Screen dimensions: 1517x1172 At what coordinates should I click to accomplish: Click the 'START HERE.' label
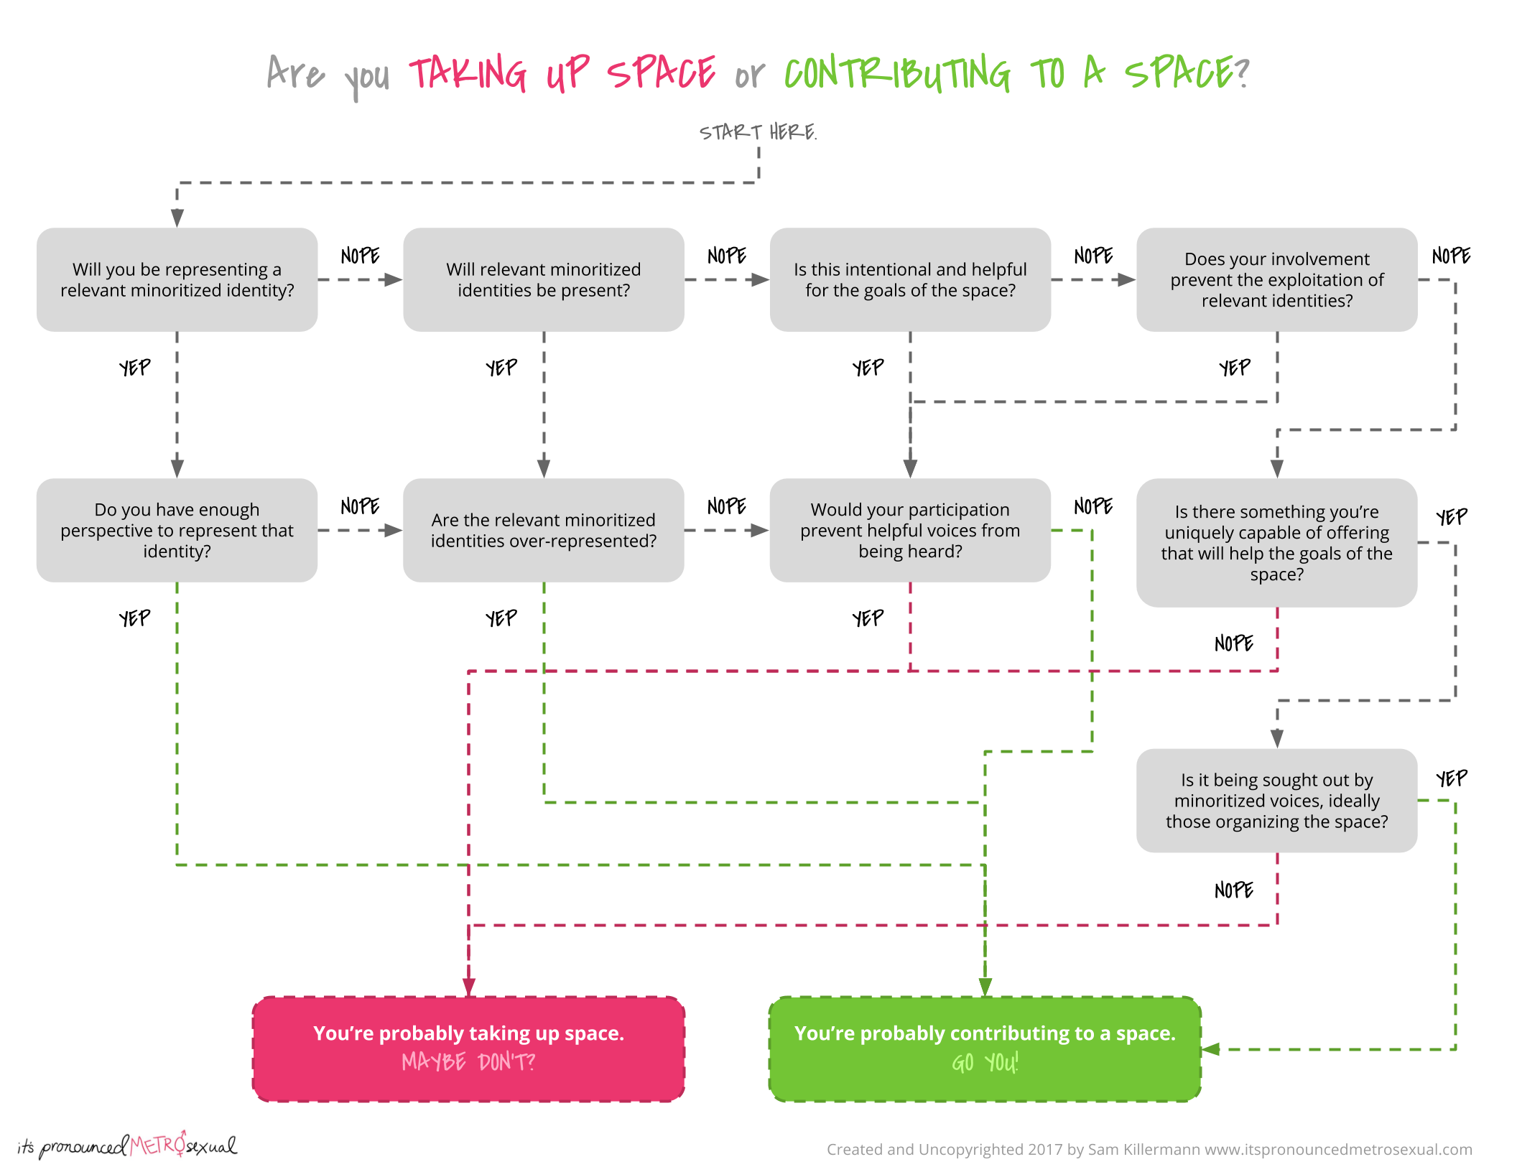[x=758, y=132]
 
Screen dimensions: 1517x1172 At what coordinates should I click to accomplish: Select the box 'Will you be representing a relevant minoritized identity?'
[x=177, y=279]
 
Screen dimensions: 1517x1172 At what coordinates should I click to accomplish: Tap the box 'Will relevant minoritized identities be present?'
[x=544, y=279]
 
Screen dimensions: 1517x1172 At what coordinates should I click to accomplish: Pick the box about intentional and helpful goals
[x=910, y=279]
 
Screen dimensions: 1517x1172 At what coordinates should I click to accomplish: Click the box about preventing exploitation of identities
[x=1277, y=279]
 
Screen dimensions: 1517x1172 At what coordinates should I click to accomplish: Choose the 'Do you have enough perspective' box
[x=177, y=530]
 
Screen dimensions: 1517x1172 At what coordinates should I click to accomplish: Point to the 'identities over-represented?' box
[x=544, y=530]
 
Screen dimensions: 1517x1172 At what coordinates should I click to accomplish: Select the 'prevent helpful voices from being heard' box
[x=910, y=530]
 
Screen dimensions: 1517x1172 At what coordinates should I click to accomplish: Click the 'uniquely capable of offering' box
[x=1277, y=543]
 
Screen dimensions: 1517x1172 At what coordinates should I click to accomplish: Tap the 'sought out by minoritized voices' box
[x=1277, y=801]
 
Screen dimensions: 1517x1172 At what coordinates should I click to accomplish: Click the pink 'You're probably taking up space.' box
[x=468, y=1049]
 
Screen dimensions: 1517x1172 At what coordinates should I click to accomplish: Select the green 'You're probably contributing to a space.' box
[x=985, y=1049]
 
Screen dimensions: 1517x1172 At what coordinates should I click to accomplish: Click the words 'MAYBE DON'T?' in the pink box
[x=468, y=1061]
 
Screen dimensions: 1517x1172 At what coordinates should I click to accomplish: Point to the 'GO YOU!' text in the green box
[x=985, y=1062]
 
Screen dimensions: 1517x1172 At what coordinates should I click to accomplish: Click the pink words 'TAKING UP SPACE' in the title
[x=562, y=73]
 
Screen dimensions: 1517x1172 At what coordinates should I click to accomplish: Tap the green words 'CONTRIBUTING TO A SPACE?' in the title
[x=1017, y=73]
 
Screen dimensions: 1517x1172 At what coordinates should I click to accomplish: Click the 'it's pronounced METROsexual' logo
[x=127, y=1145]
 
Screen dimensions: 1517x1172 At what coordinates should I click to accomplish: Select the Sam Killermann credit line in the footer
[x=1149, y=1149]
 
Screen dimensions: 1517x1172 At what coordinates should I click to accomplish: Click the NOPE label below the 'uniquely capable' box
[x=1234, y=643]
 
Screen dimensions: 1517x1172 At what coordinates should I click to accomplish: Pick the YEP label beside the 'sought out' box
[x=1452, y=778]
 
